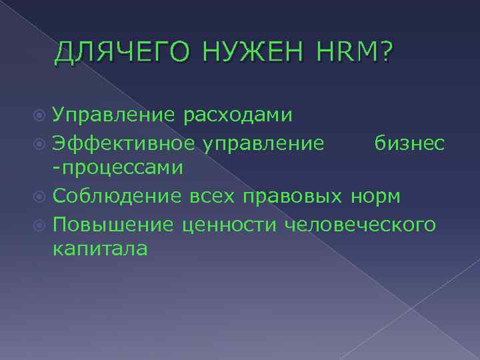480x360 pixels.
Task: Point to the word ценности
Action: point(229,223)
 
